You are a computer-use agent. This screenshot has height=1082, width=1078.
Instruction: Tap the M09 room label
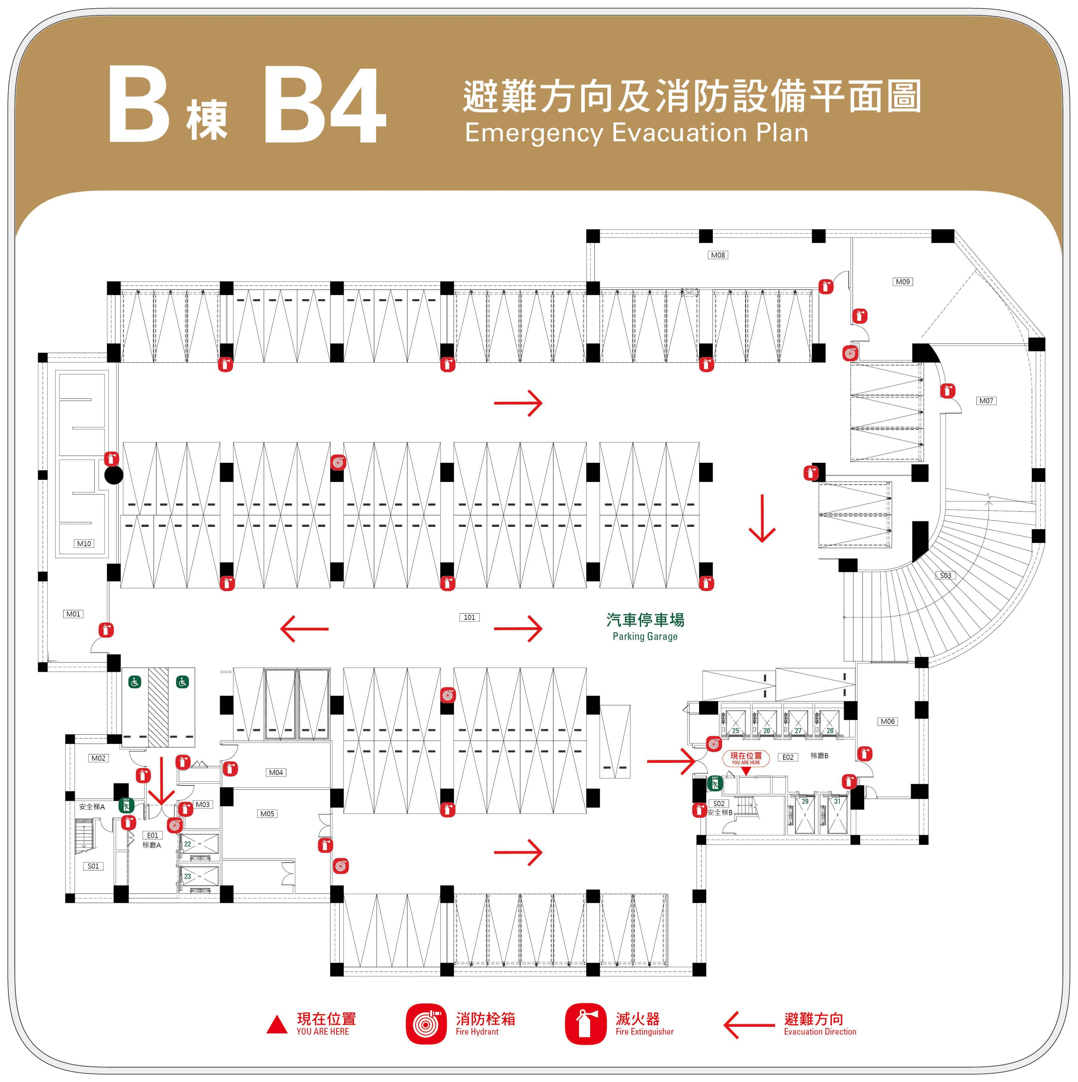click(x=903, y=282)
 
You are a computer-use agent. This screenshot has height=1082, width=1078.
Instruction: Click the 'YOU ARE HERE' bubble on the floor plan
click(x=746, y=758)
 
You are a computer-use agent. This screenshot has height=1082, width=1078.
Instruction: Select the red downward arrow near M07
click(x=762, y=519)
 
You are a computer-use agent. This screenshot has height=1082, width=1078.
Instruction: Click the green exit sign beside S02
click(x=715, y=783)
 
